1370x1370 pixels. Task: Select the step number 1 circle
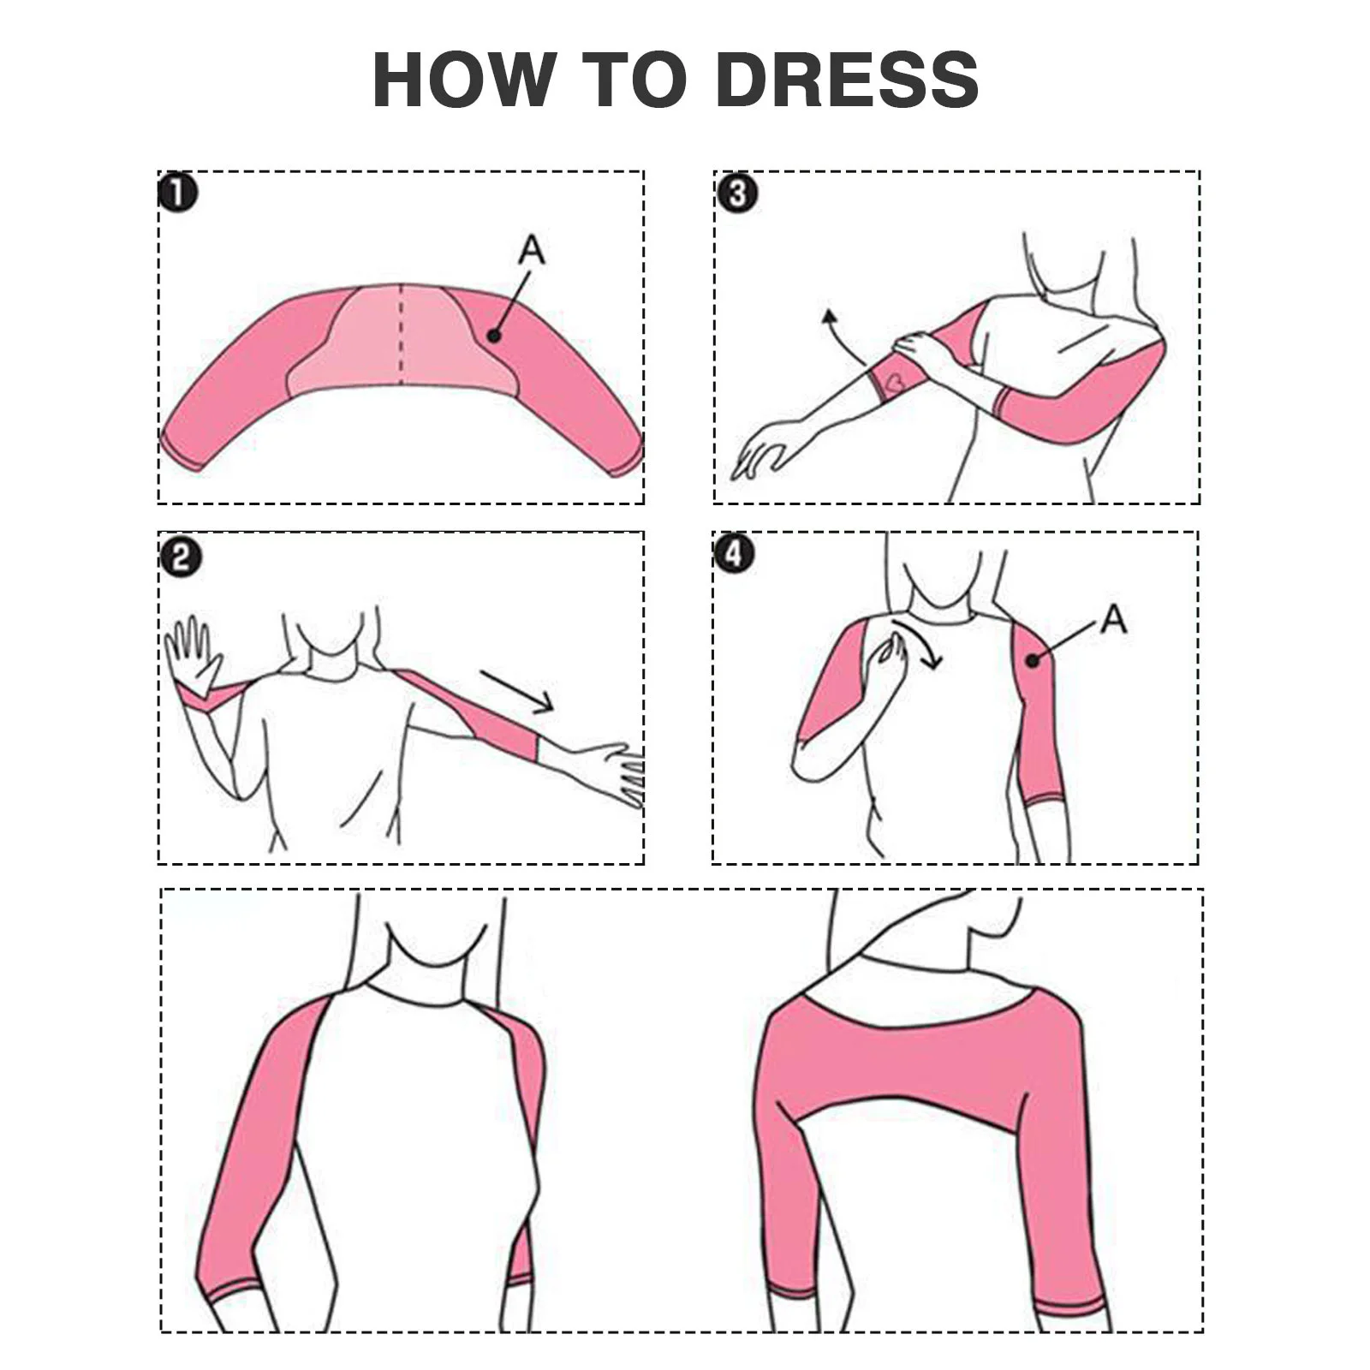pyautogui.click(x=178, y=193)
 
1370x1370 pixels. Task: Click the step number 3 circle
pyautogui.click(x=736, y=194)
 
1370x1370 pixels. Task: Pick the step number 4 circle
pyautogui.click(x=735, y=555)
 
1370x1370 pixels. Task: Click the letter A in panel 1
pyautogui.click(x=532, y=250)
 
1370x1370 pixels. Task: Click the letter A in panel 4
pyautogui.click(x=1113, y=618)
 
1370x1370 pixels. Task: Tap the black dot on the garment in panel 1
pyautogui.click(x=493, y=336)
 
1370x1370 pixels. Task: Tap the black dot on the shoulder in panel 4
pyautogui.click(x=1033, y=660)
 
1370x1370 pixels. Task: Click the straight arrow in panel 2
pyautogui.click(x=516, y=691)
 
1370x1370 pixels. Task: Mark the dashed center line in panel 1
pyautogui.click(x=402, y=334)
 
